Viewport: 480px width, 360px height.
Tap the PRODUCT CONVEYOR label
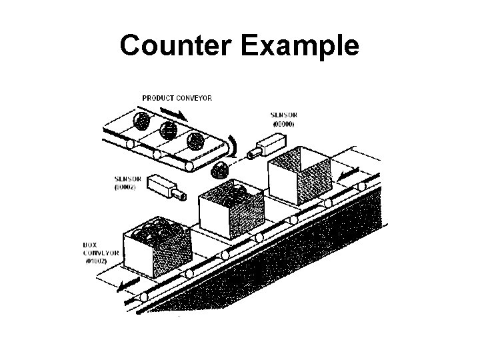pos(177,98)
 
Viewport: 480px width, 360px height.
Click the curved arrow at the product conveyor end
pos(231,145)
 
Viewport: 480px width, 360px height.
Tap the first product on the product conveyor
pos(141,121)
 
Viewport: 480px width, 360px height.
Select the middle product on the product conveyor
pos(169,131)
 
